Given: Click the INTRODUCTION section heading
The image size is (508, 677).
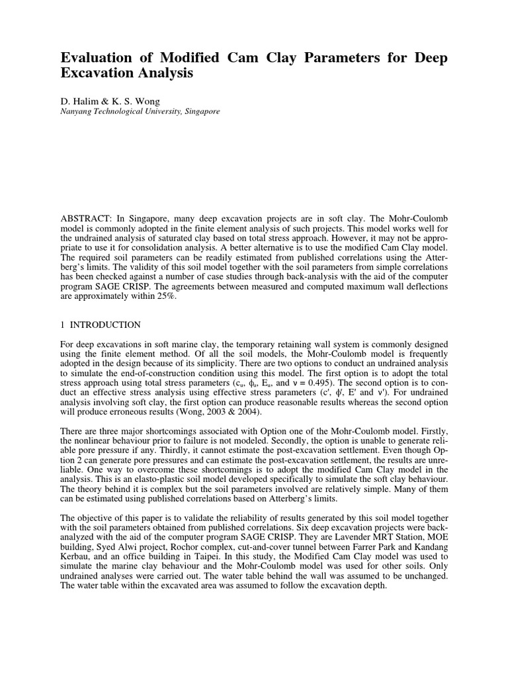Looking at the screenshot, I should [x=106, y=325].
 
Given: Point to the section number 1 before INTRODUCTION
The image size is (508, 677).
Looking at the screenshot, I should [x=63, y=325].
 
